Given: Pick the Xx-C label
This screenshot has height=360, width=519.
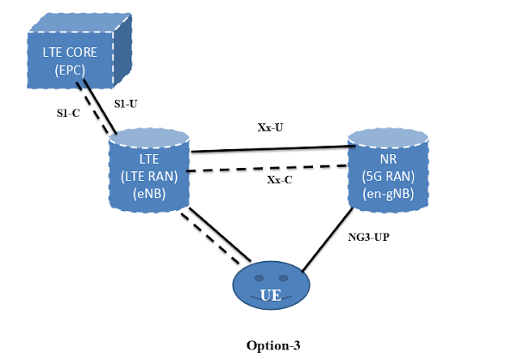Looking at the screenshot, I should pyautogui.click(x=279, y=180).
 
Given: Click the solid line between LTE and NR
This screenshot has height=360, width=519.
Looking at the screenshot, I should pyautogui.click(x=268, y=149).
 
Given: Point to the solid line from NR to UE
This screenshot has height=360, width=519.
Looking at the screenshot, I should pyautogui.click(x=328, y=239).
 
